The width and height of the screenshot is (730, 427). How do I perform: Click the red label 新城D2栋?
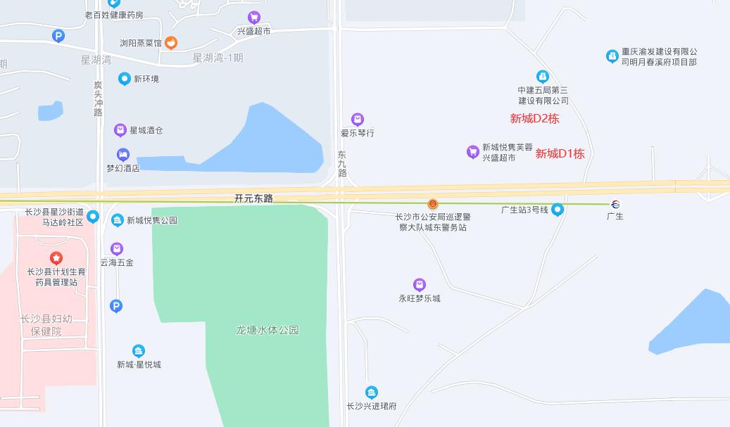[534, 119]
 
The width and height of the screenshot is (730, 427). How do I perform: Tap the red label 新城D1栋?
[560, 154]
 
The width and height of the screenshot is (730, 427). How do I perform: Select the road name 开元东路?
[253, 199]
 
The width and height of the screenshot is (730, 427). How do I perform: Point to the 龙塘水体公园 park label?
[268, 330]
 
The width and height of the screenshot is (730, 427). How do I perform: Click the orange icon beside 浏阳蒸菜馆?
[170, 43]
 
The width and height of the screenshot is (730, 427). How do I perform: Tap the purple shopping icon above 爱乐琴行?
[358, 120]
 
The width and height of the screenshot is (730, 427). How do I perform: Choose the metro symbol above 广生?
[615, 204]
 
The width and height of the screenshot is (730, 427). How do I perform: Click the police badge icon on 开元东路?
[432, 203]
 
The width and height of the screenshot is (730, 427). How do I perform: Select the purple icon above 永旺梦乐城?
[420, 285]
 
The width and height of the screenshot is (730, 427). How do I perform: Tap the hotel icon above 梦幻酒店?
[123, 155]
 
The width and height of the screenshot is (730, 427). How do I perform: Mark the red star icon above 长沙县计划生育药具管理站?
[56, 258]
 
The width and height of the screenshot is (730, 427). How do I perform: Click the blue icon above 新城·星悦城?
[139, 351]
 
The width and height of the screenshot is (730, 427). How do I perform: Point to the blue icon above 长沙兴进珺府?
[372, 393]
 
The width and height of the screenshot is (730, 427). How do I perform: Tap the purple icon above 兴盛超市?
[254, 18]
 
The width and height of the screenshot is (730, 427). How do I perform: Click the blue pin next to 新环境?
[125, 79]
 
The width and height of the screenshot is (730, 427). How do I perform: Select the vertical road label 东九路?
[342, 163]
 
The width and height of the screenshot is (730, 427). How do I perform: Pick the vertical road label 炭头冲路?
[98, 98]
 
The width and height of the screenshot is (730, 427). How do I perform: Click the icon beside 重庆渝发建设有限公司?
[612, 56]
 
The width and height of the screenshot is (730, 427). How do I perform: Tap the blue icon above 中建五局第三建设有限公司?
[542, 77]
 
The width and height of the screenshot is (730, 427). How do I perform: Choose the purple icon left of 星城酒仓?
[120, 130]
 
